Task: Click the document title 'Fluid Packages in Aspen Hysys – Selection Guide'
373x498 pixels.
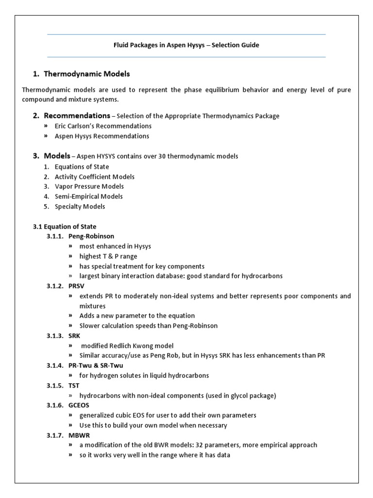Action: pos(186,45)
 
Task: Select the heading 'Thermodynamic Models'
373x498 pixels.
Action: pos(86,74)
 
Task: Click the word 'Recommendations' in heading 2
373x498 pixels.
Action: pos(77,116)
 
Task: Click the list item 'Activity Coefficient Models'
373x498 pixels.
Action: pos(94,177)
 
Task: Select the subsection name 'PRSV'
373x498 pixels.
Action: pos(76,286)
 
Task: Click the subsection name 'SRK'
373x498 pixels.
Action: pos(74,336)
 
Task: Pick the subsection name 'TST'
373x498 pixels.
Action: pos(74,386)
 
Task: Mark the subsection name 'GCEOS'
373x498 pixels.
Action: pos(79,406)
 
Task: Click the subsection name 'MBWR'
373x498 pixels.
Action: pos(78,435)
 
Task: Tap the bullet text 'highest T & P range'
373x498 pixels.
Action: pos(108,256)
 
